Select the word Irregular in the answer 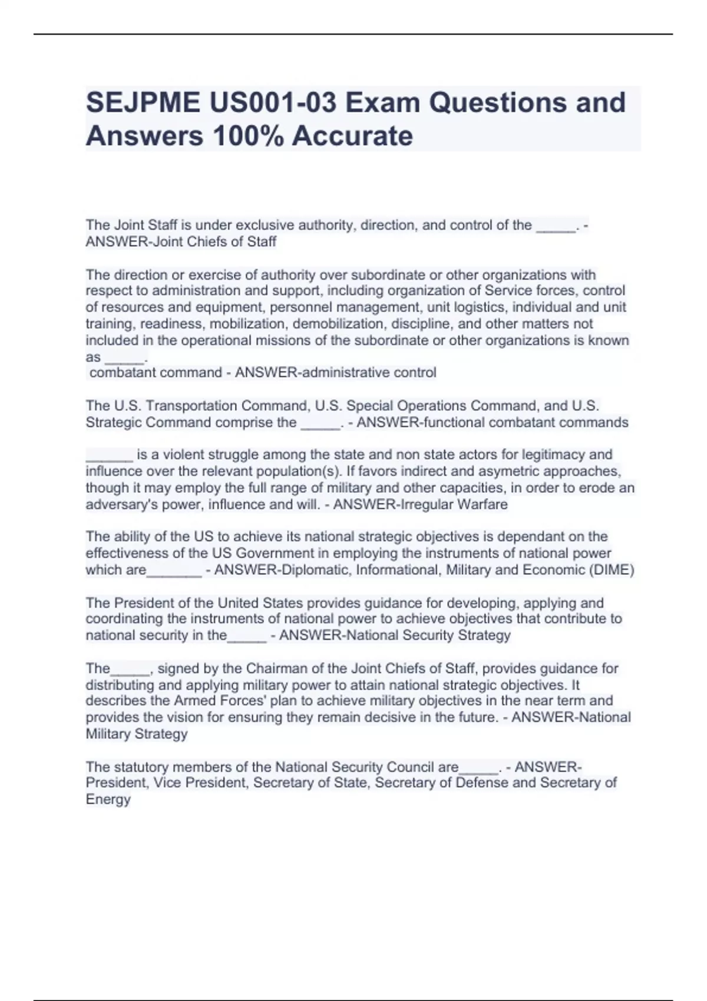point(424,505)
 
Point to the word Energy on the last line point(108,800)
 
